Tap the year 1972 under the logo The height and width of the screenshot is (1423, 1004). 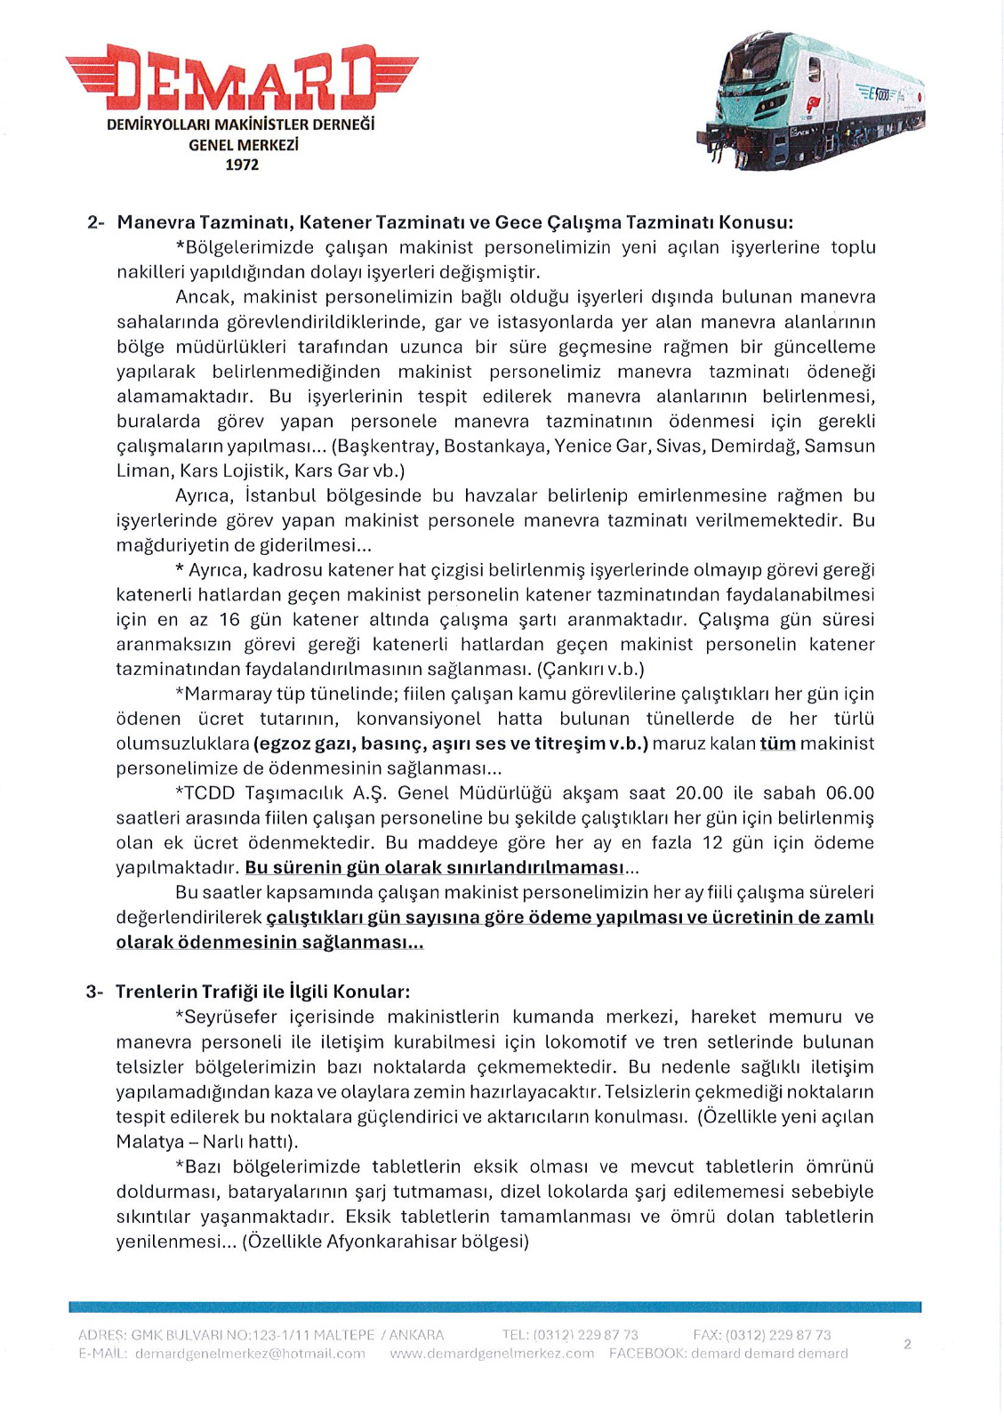pyautogui.click(x=241, y=165)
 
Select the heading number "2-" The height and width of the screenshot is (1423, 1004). pyautogui.click(x=96, y=222)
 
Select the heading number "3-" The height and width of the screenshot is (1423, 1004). pyautogui.click(x=95, y=992)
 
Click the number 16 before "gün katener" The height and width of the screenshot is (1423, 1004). pyautogui.click(x=229, y=619)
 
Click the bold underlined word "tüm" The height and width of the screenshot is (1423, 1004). pyautogui.click(x=778, y=744)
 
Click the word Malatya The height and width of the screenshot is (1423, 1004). pyautogui.click(x=149, y=1141)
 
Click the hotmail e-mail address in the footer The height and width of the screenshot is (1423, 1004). pyautogui.click(x=250, y=1354)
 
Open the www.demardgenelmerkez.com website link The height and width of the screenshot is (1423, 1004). pyautogui.click(x=492, y=1354)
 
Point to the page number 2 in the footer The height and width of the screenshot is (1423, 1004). pyautogui.click(x=907, y=1344)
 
